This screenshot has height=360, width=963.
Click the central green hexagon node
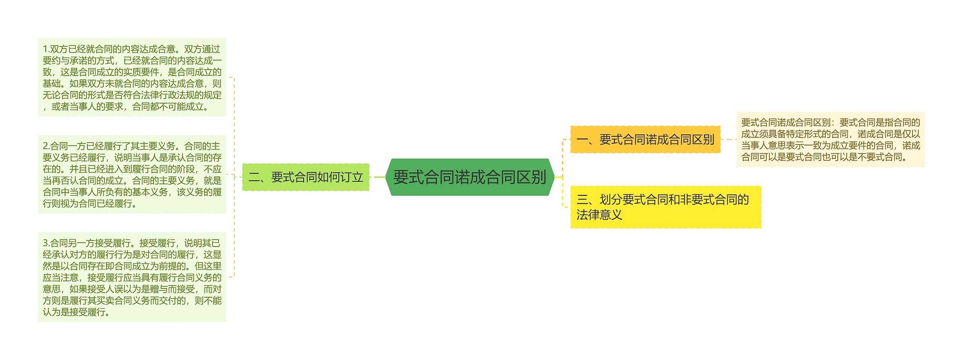[x=469, y=177]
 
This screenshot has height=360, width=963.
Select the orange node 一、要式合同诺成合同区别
[x=645, y=140]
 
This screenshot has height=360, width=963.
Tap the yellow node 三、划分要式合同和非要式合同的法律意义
[x=665, y=207]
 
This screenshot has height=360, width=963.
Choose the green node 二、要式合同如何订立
[x=305, y=177]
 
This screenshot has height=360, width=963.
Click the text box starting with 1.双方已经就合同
[x=132, y=77]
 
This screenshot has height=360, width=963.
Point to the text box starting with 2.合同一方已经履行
[x=132, y=175]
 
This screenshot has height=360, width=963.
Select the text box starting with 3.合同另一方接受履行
[x=132, y=277]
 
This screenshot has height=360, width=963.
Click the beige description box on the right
[x=830, y=140]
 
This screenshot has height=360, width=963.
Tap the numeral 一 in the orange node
[x=582, y=140]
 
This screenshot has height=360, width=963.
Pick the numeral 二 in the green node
[x=254, y=178]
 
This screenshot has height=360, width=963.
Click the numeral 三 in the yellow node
[x=582, y=200]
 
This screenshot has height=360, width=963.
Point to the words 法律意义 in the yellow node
[x=599, y=215]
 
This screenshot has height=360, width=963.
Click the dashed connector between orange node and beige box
[x=728, y=140]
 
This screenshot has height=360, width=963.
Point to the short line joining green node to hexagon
[x=377, y=177]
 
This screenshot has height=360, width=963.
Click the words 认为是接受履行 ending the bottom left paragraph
[x=74, y=312]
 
